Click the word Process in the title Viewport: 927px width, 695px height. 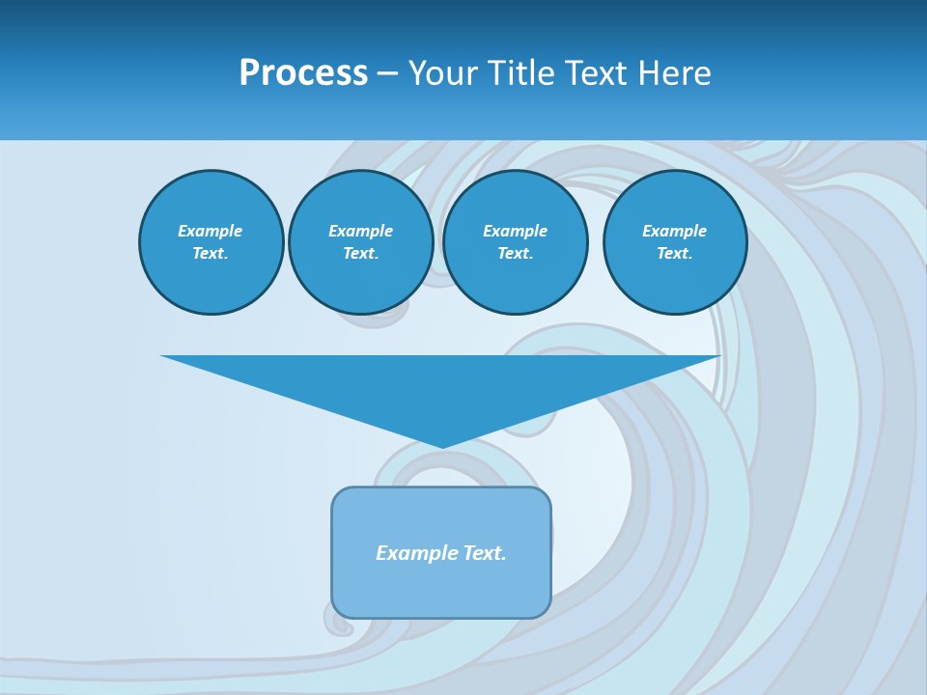click(x=303, y=73)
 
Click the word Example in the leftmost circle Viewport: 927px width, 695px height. click(x=210, y=231)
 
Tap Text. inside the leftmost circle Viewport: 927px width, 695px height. click(x=210, y=253)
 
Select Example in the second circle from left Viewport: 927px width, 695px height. click(x=360, y=231)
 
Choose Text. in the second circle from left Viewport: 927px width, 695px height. click(x=360, y=253)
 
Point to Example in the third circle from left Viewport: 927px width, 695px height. click(x=515, y=231)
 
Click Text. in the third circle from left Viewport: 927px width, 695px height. click(x=515, y=253)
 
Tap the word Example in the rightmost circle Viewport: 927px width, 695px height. click(x=674, y=231)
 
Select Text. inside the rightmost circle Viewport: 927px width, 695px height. click(x=674, y=253)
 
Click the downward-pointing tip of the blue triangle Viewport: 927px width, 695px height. click(x=441, y=446)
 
